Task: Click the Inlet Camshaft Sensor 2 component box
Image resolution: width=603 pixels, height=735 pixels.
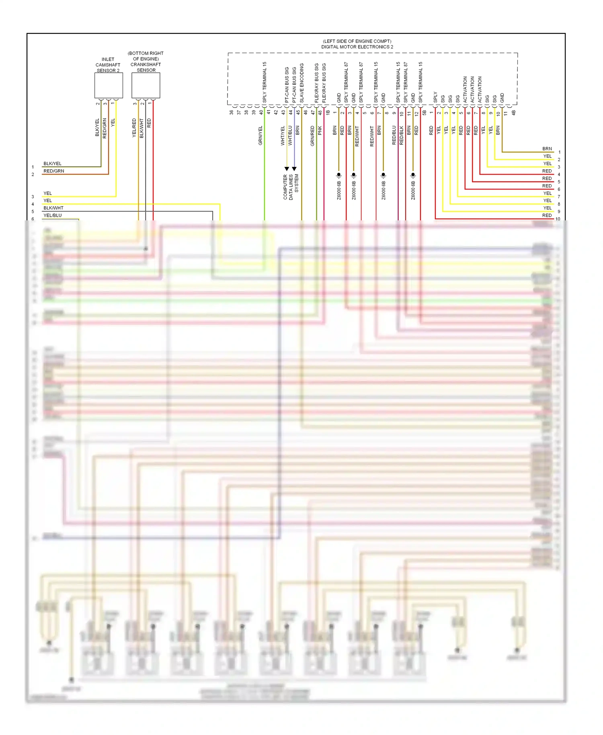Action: tap(109, 85)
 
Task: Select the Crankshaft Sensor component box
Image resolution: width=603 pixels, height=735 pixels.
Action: tap(146, 85)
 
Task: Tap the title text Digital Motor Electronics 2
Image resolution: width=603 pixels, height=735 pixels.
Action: tap(357, 47)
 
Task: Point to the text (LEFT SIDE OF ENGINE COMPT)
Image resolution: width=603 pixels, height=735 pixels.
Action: tap(357, 41)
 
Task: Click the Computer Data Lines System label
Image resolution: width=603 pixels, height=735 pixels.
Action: tap(291, 187)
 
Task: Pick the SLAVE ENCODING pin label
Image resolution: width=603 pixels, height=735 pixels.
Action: tap(302, 83)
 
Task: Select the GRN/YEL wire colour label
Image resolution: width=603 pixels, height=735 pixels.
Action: tap(260, 136)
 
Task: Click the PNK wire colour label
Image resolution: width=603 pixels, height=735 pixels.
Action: tap(320, 130)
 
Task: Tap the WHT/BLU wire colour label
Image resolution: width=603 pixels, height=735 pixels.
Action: tap(290, 136)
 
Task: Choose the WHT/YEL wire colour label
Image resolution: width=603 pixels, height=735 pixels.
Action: tap(283, 136)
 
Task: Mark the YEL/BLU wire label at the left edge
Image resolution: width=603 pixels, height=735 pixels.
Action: tap(53, 216)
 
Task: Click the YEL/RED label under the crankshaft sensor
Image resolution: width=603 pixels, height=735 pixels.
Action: tap(134, 128)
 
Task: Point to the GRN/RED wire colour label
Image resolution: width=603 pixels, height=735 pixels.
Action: tap(312, 136)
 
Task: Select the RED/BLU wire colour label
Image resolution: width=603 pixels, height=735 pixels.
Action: tap(394, 135)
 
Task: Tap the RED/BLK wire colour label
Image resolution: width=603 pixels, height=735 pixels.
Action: tap(402, 136)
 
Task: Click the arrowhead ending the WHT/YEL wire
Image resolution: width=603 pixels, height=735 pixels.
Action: tap(287, 169)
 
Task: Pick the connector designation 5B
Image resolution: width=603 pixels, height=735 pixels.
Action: tap(424, 113)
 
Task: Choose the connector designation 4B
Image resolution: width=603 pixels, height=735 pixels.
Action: tap(513, 113)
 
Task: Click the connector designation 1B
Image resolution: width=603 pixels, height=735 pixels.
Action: tap(328, 113)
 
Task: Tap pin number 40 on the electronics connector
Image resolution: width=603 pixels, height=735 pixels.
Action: tap(261, 113)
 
